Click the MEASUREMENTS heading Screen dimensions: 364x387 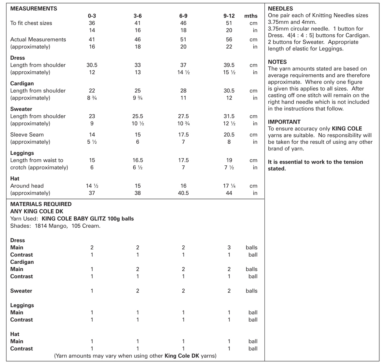(x=33, y=9)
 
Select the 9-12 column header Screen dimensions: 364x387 (x=229, y=16)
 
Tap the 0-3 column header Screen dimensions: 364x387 (x=92, y=16)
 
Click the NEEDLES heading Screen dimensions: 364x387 (x=280, y=9)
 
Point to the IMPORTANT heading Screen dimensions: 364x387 (x=284, y=122)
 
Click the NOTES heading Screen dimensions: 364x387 (x=277, y=62)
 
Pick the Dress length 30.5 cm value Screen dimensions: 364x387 (x=92, y=65)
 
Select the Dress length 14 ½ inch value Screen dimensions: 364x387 (x=183, y=72)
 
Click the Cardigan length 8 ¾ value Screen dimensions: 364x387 (x=92, y=98)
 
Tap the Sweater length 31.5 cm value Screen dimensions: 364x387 (x=229, y=116)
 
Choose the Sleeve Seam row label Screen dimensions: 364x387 (x=27, y=134)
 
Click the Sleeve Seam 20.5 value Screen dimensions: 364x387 (x=229, y=134)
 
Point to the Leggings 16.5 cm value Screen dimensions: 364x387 (x=138, y=160)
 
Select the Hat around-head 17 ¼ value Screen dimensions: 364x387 (x=229, y=186)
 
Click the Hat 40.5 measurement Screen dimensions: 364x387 (x=183, y=193)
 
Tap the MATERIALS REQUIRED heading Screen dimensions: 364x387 (x=41, y=204)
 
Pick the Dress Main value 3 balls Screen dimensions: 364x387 (x=229, y=247)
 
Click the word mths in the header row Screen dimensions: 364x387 (x=251, y=16)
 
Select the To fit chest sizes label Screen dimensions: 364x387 (x=31, y=23)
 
